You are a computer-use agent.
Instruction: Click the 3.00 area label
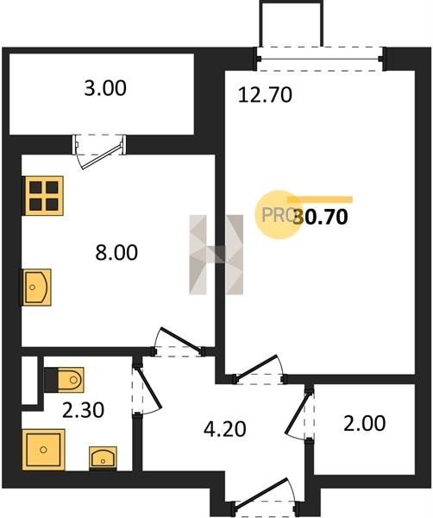tap(105, 89)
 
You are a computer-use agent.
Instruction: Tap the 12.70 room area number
tap(265, 95)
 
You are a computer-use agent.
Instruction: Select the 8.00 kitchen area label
tap(116, 252)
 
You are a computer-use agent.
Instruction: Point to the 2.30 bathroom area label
tap(83, 410)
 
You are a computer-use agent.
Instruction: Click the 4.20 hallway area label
tap(225, 429)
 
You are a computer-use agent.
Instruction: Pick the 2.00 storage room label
tap(364, 424)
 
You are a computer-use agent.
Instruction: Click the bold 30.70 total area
tap(321, 217)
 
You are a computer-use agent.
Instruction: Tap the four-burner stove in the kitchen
tap(42, 196)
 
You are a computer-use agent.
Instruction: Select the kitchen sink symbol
tap(37, 287)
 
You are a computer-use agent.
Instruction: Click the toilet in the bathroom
tap(64, 380)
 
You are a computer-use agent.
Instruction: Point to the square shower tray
tap(44, 450)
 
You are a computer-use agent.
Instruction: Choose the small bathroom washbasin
tap(103, 458)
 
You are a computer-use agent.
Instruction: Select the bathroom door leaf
tap(148, 388)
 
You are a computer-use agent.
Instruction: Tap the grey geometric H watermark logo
tap(216, 255)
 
